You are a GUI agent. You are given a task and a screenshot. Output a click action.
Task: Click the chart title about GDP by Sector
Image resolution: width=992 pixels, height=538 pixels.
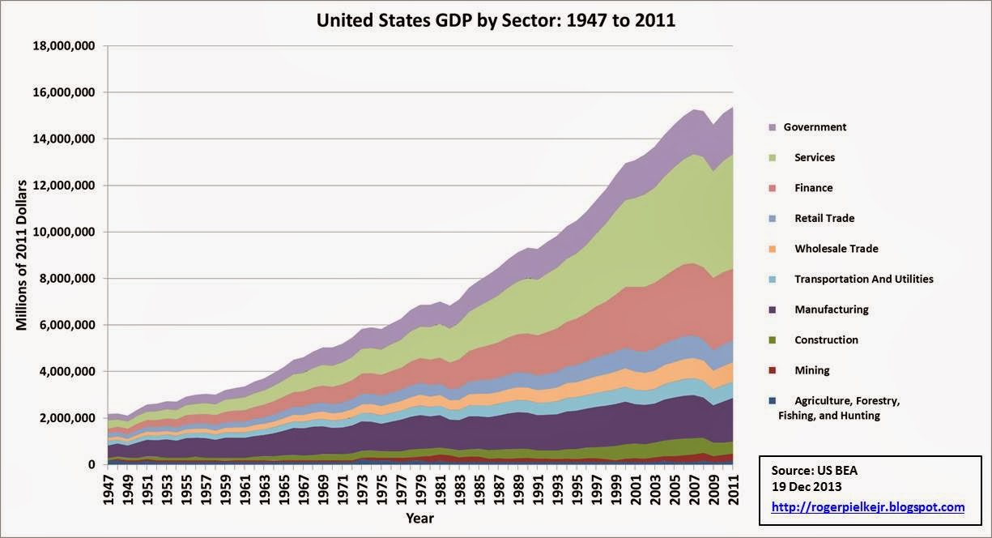[496, 19]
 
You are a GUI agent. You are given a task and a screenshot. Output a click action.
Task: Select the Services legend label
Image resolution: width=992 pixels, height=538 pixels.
[815, 157]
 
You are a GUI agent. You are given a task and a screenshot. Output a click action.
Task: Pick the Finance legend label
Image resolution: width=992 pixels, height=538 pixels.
[813, 188]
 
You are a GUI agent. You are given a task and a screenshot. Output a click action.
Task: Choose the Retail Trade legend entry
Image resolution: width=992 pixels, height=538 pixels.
[824, 218]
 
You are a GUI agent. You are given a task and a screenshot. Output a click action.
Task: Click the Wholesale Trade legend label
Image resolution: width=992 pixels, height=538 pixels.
[837, 249]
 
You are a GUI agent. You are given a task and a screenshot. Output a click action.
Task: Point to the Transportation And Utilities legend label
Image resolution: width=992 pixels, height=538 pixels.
[864, 279]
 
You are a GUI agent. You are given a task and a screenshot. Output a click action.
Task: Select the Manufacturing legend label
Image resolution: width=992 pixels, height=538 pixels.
[832, 310]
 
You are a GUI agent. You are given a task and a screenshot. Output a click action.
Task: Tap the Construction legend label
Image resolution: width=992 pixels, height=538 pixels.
[826, 339]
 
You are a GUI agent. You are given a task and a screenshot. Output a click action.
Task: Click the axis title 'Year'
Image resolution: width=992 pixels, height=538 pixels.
[420, 518]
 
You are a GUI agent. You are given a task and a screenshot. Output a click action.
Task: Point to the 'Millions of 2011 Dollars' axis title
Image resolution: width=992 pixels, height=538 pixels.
[22, 255]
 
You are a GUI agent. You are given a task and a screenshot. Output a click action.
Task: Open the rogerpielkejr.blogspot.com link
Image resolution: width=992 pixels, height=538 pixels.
[868, 507]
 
